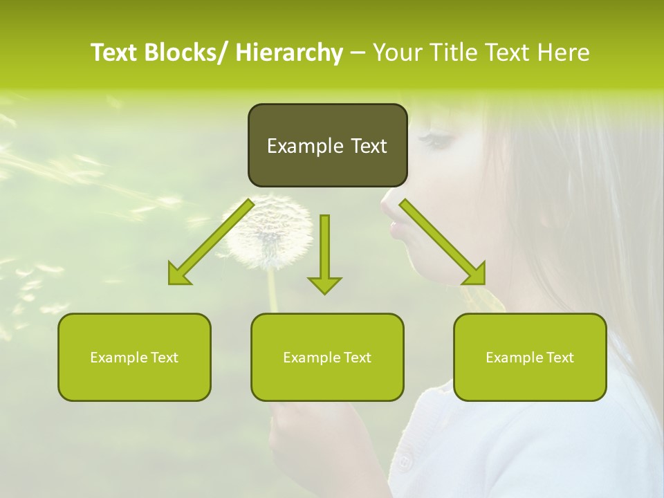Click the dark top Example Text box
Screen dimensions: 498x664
point(327,145)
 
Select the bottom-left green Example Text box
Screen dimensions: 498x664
point(134,357)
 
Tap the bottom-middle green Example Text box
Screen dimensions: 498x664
point(327,357)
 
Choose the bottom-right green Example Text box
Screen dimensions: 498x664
point(530,357)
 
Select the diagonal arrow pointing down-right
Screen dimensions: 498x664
point(443,242)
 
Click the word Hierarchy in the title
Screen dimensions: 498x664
point(288,53)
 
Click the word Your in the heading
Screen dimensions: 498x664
point(398,53)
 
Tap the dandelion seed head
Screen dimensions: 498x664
point(270,232)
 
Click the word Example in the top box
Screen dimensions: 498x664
point(302,146)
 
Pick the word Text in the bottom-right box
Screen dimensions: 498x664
point(559,357)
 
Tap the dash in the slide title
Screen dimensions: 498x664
point(358,53)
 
